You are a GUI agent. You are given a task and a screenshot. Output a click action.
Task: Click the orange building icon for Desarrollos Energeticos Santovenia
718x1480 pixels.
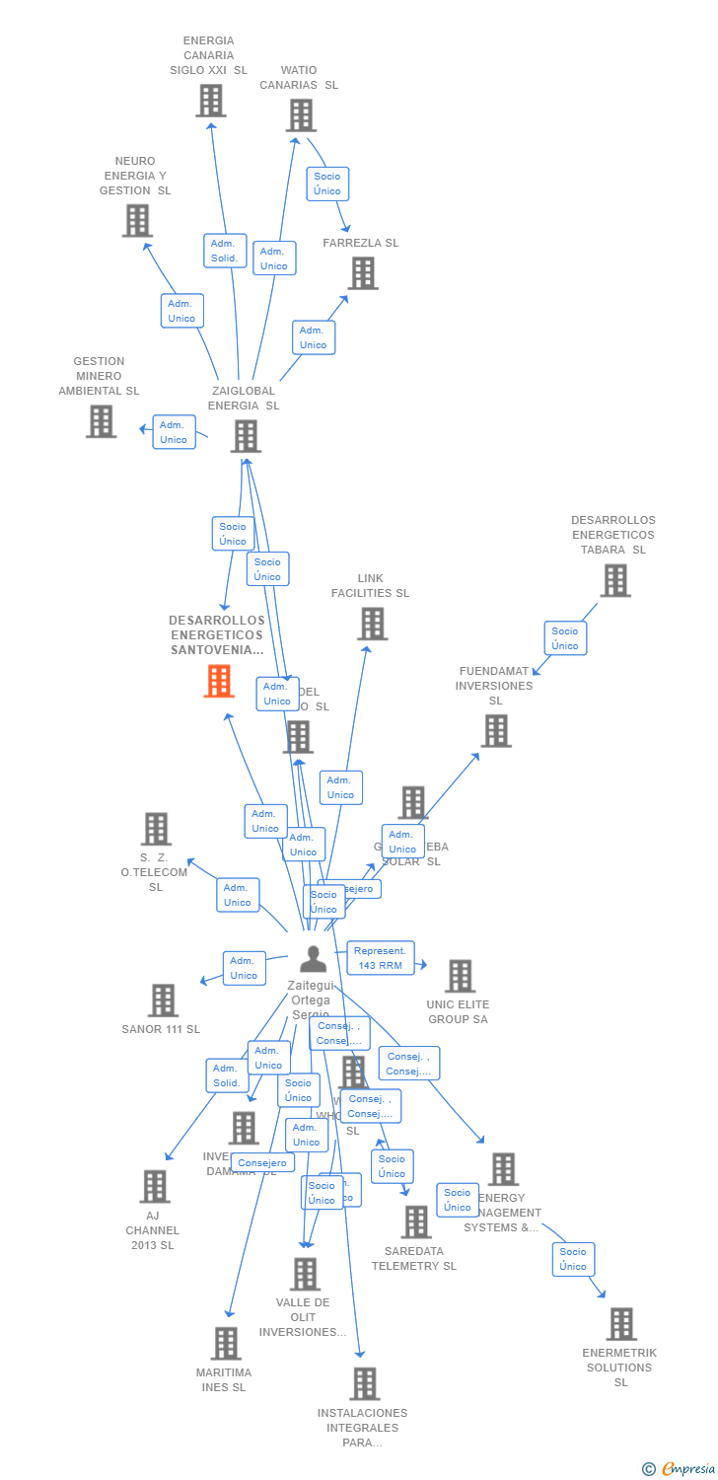coord(219,681)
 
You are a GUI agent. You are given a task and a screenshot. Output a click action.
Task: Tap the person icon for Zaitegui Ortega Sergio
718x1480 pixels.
coord(313,959)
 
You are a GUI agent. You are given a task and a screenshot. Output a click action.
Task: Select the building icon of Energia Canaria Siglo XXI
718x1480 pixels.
coord(210,101)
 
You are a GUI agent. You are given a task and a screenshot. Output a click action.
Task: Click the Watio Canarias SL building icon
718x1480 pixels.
coord(300,115)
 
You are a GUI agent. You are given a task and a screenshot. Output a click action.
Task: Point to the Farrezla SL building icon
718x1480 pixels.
coord(362,273)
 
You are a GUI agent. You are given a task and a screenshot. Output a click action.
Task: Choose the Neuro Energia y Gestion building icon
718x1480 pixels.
coord(137,221)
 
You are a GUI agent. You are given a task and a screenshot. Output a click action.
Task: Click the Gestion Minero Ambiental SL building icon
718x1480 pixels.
coord(101,421)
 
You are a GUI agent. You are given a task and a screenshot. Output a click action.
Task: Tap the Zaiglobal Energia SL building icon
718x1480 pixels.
coord(245,436)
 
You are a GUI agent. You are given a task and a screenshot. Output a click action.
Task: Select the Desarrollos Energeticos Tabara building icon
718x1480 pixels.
coord(614,580)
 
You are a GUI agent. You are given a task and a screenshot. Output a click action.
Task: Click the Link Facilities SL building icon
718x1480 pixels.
coord(372,624)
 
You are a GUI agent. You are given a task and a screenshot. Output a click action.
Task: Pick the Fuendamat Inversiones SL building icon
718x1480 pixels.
coord(495,731)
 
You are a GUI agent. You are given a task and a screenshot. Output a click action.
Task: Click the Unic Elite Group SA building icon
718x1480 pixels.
coord(459,976)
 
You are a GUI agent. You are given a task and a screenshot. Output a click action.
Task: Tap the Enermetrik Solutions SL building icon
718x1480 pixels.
coord(620,1324)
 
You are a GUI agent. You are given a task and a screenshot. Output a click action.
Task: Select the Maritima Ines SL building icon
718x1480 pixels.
coord(226,1344)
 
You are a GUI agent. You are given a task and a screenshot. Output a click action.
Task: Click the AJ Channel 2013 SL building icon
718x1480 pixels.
coord(154,1186)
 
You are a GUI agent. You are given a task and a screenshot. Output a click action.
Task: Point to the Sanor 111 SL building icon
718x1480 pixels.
coord(163,999)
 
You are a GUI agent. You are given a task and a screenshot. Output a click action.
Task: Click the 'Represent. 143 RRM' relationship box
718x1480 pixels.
coord(380,958)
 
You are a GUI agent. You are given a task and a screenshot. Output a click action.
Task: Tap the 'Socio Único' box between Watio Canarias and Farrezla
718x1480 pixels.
coord(326,184)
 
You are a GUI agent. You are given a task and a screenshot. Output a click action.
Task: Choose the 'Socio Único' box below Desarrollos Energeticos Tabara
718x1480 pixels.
coord(564,638)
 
